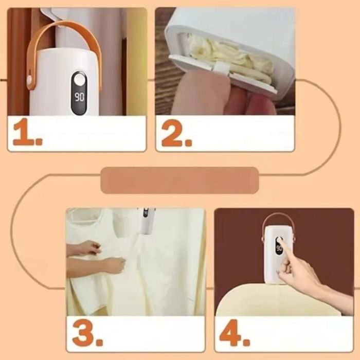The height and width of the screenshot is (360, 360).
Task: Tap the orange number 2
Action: click(x=176, y=133)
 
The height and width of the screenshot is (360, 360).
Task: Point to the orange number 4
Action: click(x=234, y=333)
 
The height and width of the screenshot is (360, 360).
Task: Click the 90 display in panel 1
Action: click(x=79, y=97)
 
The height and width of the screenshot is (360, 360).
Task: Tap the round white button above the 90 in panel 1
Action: click(x=79, y=80)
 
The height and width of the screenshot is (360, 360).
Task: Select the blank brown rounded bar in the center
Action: click(x=180, y=181)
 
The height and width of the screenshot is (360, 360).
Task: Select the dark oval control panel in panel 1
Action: click(x=79, y=93)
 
